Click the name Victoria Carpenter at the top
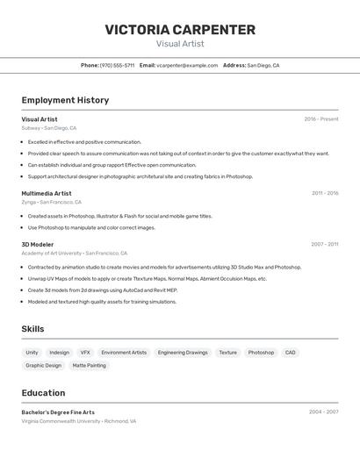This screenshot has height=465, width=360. (x=180, y=29)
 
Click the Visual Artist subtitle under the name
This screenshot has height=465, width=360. (x=180, y=43)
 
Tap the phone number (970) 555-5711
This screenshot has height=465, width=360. (x=117, y=65)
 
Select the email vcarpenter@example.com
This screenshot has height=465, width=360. (x=187, y=65)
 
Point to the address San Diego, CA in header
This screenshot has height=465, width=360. (x=263, y=65)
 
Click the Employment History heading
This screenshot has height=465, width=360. (x=65, y=100)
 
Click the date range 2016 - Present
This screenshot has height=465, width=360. (x=320, y=119)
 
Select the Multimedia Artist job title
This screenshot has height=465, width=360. (x=47, y=193)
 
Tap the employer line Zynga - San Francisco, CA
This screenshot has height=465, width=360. (x=52, y=202)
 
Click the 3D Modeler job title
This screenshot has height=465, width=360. (x=38, y=245)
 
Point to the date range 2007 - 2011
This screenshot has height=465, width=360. (x=324, y=245)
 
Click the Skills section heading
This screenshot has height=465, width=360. (x=33, y=329)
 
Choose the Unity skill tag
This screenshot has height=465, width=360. (x=32, y=353)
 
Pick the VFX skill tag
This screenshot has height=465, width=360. (x=85, y=353)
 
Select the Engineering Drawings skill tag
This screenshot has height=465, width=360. (x=183, y=353)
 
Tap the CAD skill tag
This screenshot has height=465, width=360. (x=290, y=353)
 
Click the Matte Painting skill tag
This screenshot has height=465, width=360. (x=89, y=365)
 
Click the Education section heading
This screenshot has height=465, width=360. (x=44, y=393)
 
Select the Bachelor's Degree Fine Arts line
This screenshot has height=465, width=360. (x=58, y=412)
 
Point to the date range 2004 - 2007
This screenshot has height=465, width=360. (x=323, y=411)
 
